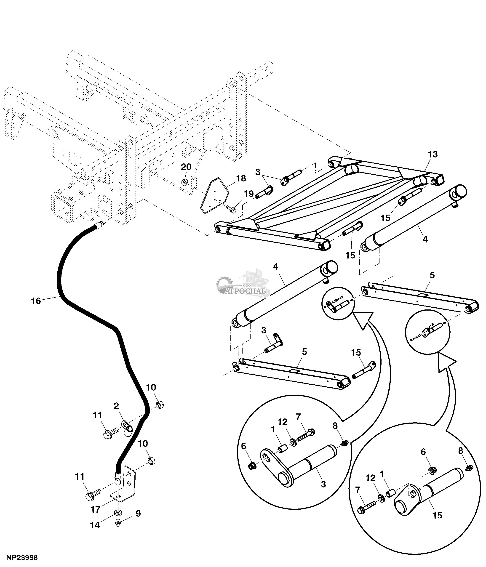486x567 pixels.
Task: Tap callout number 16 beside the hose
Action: pyautogui.click(x=36, y=301)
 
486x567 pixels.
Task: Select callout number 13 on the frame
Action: pyautogui.click(x=433, y=154)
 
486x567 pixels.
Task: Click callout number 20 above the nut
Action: pyautogui.click(x=186, y=167)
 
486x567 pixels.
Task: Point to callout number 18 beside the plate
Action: pyautogui.click(x=241, y=178)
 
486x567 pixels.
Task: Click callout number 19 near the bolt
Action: pyautogui.click(x=249, y=194)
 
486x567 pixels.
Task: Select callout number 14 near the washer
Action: pyautogui.click(x=95, y=525)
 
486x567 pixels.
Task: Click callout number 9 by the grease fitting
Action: pyautogui.click(x=138, y=514)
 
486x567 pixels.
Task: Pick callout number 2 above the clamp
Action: pyautogui.click(x=116, y=406)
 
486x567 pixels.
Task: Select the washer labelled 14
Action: pyautogui.click(x=118, y=511)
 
